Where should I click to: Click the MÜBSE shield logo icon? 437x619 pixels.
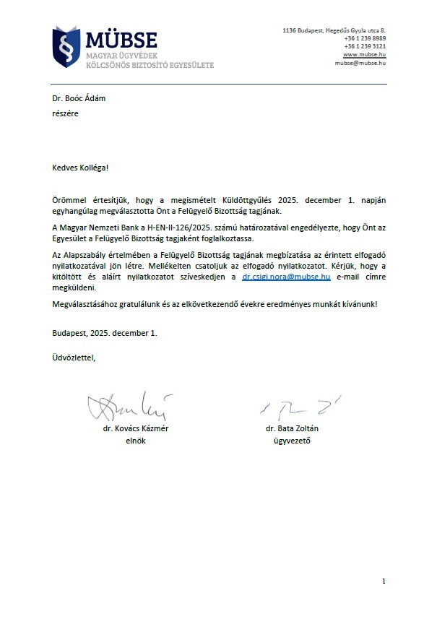tap(66, 46)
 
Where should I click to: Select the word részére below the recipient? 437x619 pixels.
tap(65, 113)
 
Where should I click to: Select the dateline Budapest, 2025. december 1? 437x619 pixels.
tap(104, 333)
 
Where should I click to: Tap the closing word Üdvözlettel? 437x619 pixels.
tap(73, 358)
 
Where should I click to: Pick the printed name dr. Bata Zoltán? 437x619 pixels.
tap(292, 428)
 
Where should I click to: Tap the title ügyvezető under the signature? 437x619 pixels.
tap(292, 441)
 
